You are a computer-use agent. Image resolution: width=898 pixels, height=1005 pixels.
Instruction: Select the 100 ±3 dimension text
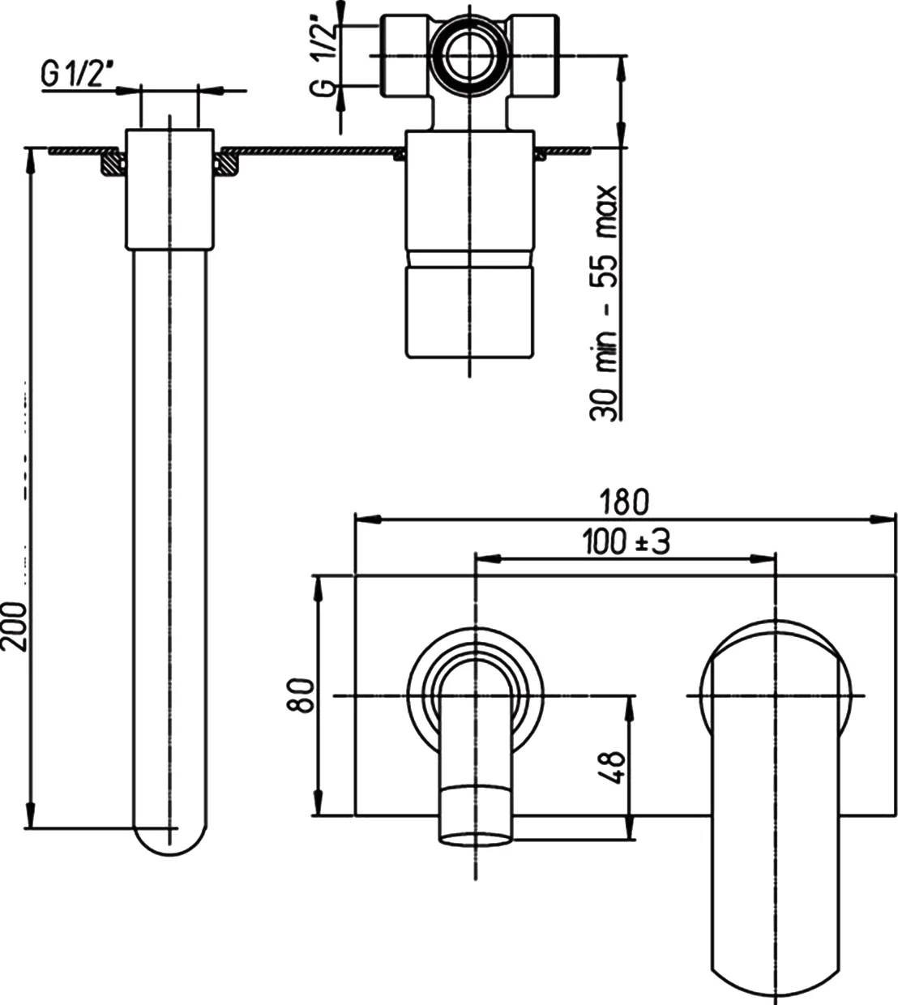(x=626, y=541)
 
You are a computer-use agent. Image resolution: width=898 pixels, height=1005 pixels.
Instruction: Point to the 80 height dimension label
(x=301, y=695)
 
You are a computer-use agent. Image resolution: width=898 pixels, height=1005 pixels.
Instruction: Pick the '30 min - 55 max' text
(x=604, y=303)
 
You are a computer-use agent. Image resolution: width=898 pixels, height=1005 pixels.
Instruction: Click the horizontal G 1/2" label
(x=75, y=76)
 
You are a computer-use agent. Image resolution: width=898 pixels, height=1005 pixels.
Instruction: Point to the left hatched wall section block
(x=113, y=163)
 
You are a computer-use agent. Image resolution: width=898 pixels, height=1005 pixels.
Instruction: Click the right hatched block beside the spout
(x=227, y=164)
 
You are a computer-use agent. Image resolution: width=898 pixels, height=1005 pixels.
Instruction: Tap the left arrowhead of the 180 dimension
(x=368, y=519)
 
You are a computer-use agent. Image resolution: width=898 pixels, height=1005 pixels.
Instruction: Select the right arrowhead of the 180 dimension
(x=883, y=519)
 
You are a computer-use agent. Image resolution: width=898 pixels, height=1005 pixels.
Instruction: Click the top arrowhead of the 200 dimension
(x=31, y=160)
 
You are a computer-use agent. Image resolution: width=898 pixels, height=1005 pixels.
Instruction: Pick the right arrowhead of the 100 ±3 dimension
(x=763, y=559)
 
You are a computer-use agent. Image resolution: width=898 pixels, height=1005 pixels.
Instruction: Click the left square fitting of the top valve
(x=405, y=56)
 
